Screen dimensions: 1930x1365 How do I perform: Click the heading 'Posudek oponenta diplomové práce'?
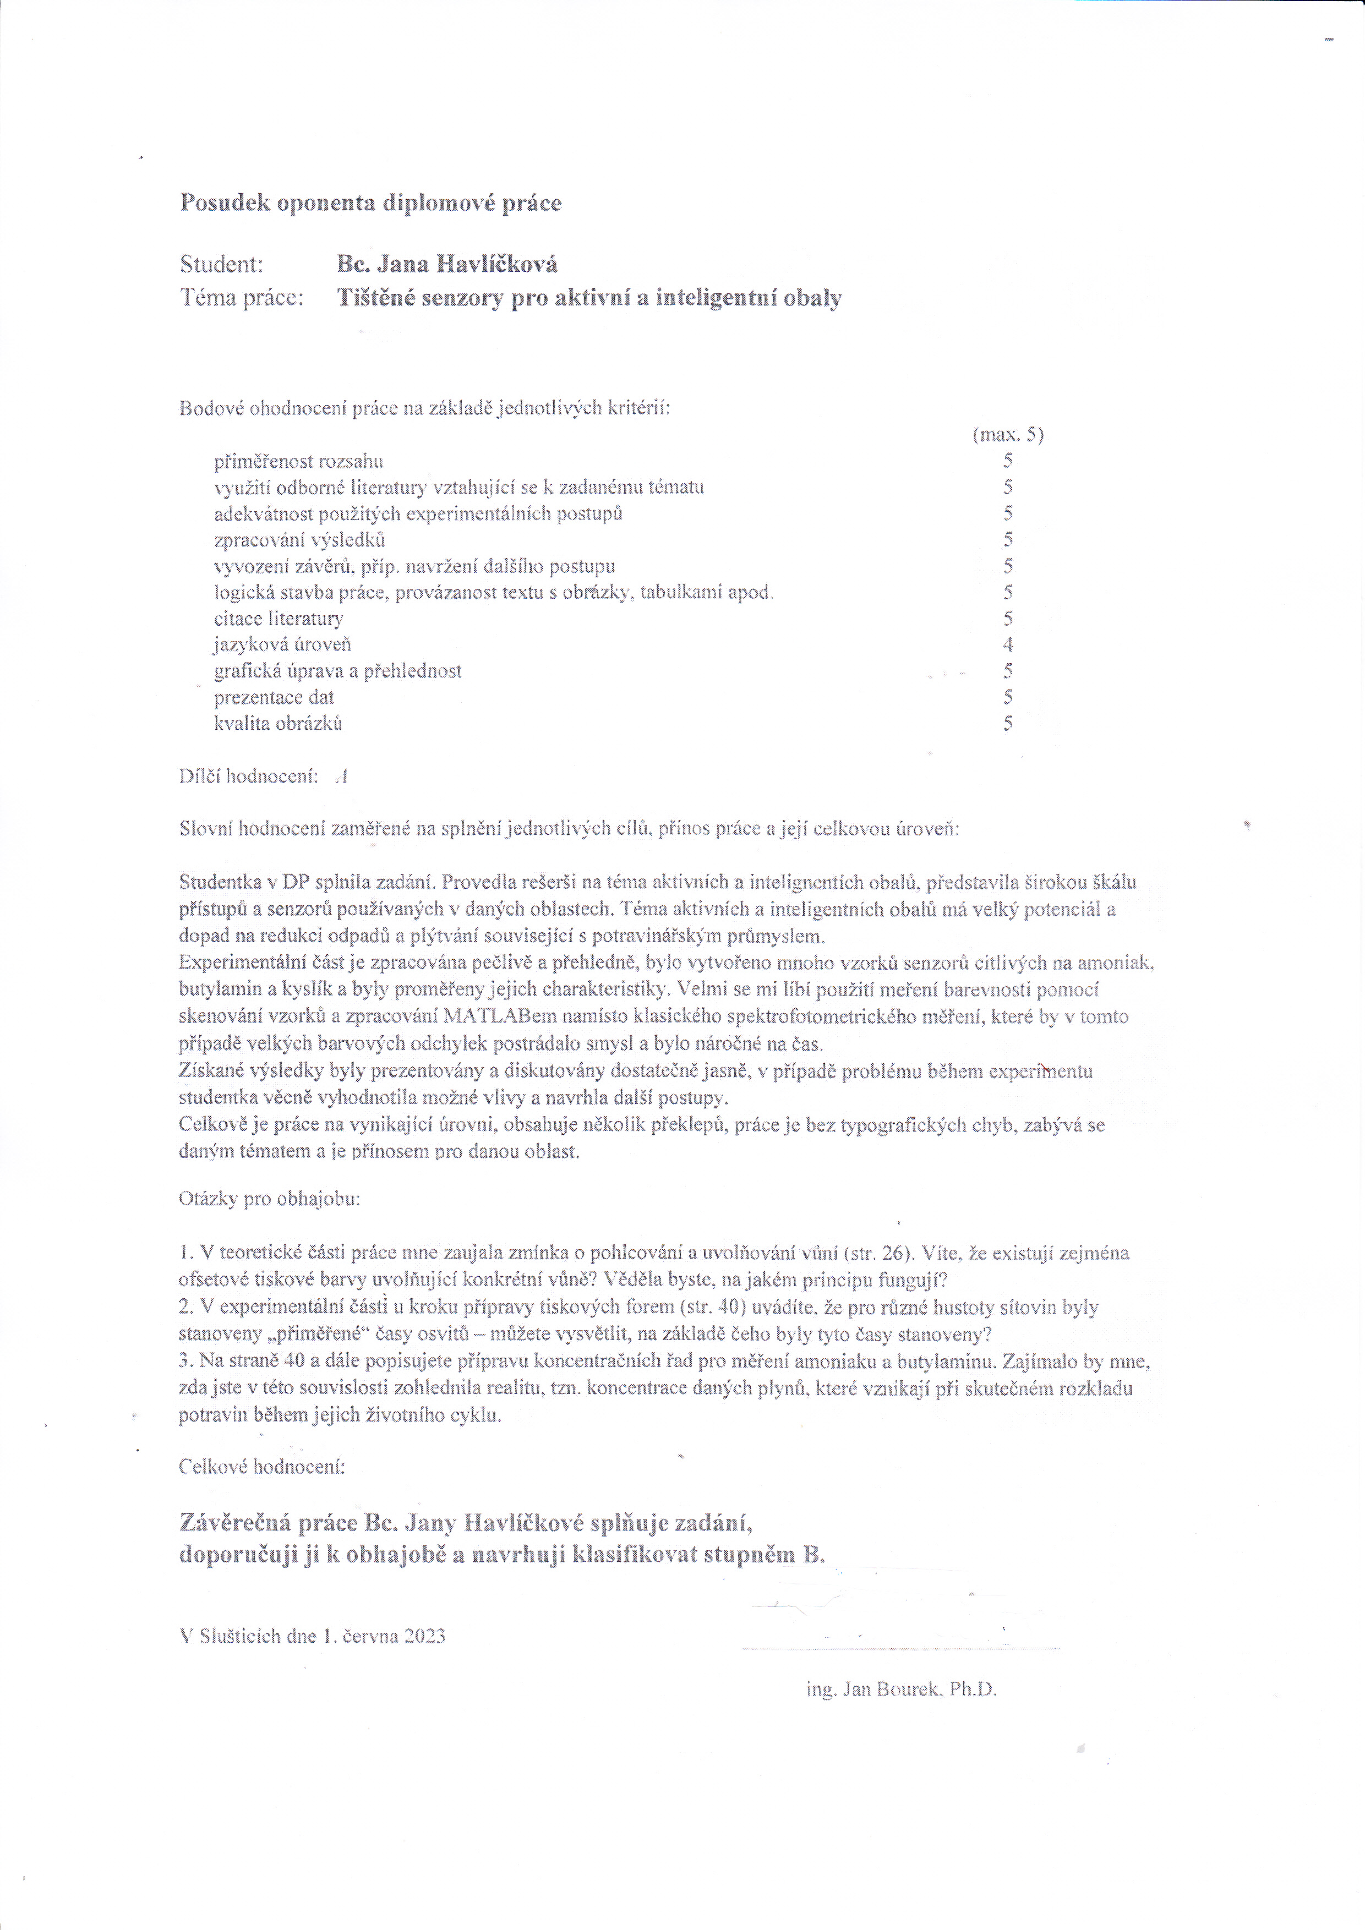(x=370, y=204)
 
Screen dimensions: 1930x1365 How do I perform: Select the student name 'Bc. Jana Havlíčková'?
(x=446, y=265)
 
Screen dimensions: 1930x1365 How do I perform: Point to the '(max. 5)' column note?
(x=1008, y=435)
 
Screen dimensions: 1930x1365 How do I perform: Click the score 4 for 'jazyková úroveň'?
(x=1008, y=645)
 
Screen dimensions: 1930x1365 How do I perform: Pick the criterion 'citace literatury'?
(x=278, y=619)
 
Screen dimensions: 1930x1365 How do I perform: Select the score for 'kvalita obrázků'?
(x=1008, y=723)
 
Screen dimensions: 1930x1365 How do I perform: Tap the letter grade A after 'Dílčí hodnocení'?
(x=340, y=776)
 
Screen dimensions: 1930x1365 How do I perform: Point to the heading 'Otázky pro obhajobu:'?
(x=269, y=1199)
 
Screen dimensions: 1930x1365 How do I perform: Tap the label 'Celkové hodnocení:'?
(x=262, y=1467)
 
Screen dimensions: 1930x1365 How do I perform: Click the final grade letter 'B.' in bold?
(x=813, y=1554)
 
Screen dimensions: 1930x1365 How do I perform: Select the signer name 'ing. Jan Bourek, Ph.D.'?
(x=901, y=1689)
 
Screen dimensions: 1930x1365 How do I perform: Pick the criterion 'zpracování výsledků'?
(x=299, y=540)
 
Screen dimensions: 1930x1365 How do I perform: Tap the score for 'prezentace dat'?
(x=1008, y=697)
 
